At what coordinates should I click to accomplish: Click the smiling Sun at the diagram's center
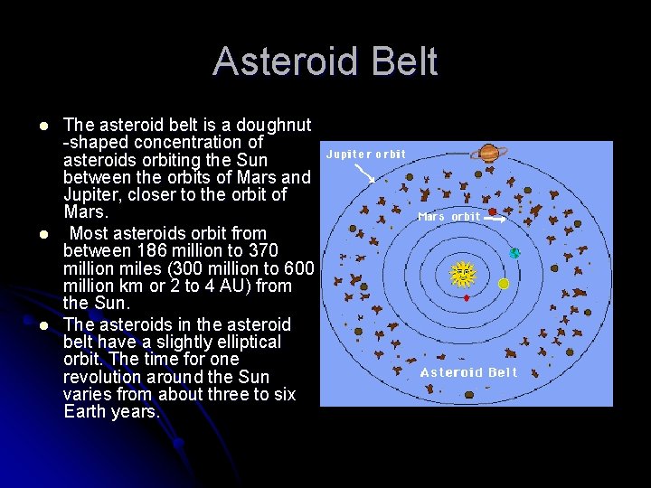click(x=463, y=273)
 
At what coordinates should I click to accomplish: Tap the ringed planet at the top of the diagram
click(x=489, y=153)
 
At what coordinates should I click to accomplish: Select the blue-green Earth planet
click(x=514, y=253)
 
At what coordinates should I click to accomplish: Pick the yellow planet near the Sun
click(x=504, y=284)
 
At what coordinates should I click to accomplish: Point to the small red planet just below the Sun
click(x=466, y=297)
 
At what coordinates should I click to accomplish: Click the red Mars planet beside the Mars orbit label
click(x=493, y=212)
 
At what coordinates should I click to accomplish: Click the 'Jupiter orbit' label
click(x=365, y=155)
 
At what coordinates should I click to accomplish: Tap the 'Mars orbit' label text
click(x=449, y=217)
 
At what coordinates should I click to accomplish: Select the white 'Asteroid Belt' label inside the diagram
click(x=468, y=372)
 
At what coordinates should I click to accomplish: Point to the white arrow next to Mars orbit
click(x=516, y=218)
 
